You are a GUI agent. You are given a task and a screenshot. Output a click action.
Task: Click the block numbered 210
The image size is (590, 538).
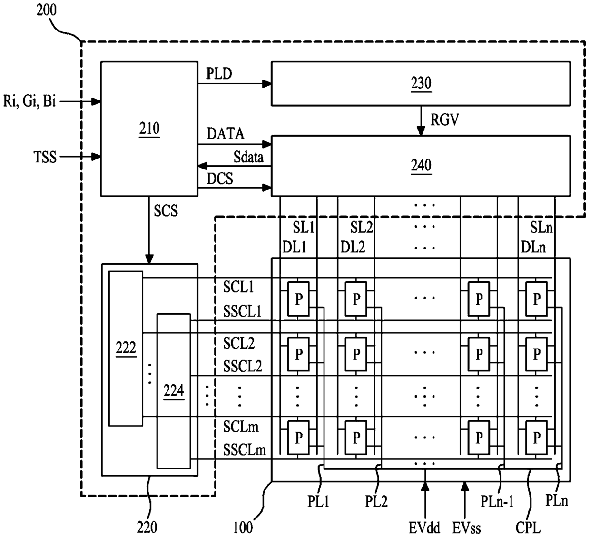click(x=149, y=129)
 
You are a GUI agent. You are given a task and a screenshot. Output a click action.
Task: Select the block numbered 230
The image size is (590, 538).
click(x=421, y=84)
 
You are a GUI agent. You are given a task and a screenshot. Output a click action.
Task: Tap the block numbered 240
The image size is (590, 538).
click(x=421, y=166)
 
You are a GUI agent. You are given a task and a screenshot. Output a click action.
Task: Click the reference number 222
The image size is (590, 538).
click(x=126, y=348)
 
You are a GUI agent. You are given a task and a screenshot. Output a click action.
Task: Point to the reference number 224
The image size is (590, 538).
click(x=174, y=390)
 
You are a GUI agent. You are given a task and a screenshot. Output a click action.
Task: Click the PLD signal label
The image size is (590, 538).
click(x=219, y=73)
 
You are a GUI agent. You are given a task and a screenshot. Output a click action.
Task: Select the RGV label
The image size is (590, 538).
click(x=445, y=120)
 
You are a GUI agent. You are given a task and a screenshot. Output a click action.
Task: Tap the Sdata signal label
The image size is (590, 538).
click(x=248, y=157)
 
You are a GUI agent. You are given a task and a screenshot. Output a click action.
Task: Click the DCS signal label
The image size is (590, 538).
click(x=220, y=179)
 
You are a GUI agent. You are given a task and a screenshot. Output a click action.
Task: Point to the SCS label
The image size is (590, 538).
click(x=166, y=211)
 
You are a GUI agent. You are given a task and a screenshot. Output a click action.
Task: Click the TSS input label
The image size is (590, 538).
click(x=45, y=157)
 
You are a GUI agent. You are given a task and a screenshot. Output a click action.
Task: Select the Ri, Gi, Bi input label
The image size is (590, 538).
click(x=29, y=101)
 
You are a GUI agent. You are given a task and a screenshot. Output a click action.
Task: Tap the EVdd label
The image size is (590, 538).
click(x=424, y=528)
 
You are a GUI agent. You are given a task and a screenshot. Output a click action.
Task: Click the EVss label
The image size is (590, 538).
click(x=466, y=528)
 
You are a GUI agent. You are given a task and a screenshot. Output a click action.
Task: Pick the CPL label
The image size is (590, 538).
click(x=528, y=528)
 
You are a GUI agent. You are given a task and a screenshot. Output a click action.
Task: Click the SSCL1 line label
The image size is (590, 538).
click(x=242, y=311)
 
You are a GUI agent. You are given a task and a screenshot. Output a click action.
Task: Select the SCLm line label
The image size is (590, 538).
click(x=241, y=427)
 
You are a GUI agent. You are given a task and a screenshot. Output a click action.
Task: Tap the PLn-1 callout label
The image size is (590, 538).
click(x=497, y=501)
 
